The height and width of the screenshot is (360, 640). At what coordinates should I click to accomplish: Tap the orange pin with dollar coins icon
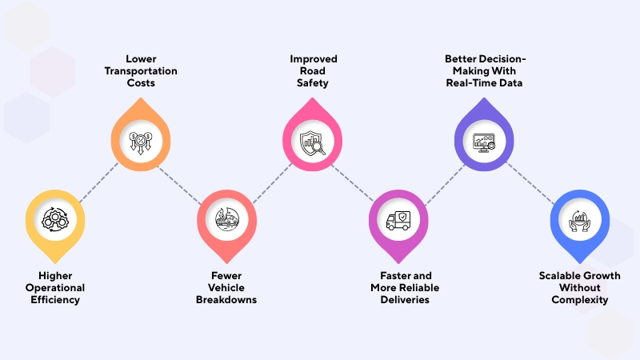click(x=141, y=142)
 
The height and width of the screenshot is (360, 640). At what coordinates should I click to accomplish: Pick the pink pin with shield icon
click(x=314, y=142)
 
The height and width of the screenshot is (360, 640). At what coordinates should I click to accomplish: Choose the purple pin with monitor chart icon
click(x=483, y=142)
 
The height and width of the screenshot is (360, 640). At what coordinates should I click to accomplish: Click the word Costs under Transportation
click(x=140, y=83)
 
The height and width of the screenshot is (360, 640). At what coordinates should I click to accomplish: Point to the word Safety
click(x=314, y=83)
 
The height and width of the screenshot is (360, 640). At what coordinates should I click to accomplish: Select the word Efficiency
click(x=54, y=300)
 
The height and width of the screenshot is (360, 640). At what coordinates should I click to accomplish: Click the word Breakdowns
click(x=226, y=300)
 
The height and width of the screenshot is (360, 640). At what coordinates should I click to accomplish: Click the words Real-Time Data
click(x=484, y=83)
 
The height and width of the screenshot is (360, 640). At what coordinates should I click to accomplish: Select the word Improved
click(x=314, y=59)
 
